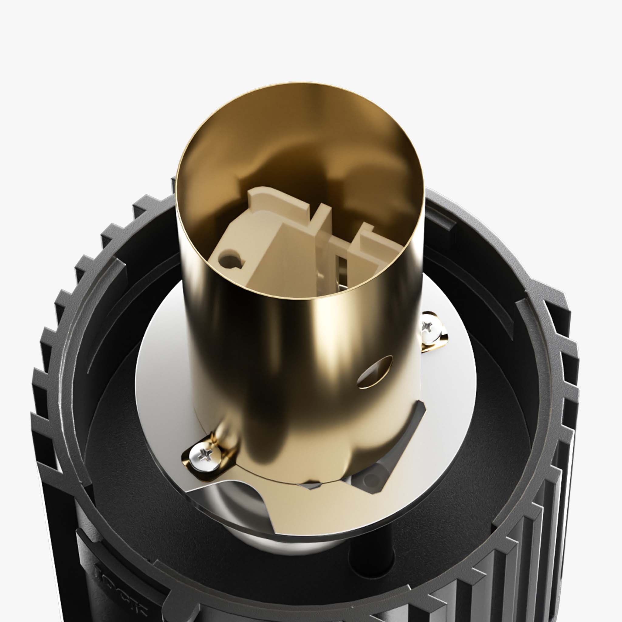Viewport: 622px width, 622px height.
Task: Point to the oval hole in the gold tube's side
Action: [375, 372]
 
